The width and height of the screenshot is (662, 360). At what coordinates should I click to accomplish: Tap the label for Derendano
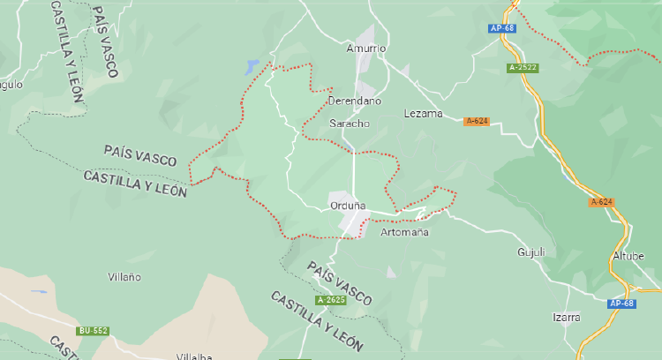354,101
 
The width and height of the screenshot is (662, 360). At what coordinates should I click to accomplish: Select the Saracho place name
349,123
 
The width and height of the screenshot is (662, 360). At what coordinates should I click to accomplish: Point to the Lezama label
422,113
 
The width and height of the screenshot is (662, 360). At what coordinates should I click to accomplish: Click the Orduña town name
347,206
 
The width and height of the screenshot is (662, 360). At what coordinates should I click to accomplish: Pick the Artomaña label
403,232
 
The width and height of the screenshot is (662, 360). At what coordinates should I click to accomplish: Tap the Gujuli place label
531,251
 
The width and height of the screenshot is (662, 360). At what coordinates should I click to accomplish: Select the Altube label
628,256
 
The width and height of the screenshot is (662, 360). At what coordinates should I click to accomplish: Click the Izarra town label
566,316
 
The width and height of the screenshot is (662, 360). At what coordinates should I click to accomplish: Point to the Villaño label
124,276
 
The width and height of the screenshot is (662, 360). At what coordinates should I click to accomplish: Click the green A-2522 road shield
523,67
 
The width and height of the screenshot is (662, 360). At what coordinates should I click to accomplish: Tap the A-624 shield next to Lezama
477,121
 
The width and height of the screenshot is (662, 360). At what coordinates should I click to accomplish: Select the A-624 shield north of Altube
601,202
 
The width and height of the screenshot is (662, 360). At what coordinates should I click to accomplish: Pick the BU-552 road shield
93,331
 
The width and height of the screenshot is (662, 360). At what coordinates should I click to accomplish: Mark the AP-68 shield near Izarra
621,304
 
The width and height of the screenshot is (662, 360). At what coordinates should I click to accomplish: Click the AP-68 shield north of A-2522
502,28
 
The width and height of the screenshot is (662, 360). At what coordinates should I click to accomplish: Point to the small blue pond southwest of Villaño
39,291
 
